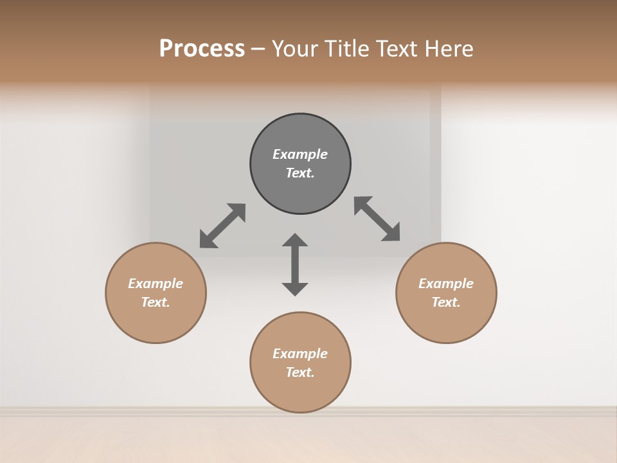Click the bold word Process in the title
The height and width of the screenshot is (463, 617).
tap(202, 49)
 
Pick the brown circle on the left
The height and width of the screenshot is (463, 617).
tap(156, 322)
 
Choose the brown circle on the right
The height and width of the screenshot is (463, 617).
tap(446, 322)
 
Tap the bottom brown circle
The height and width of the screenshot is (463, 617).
tap(300, 392)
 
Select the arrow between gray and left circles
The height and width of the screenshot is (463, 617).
tap(222, 226)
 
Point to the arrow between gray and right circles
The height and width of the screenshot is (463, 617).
tap(377, 219)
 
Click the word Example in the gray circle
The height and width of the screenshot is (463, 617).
tap(300, 154)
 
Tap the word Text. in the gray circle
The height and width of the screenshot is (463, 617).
tap(300, 173)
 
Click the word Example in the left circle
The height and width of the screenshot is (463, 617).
tap(156, 284)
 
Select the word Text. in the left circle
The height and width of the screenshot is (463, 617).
tap(156, 302)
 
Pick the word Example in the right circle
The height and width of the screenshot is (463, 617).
tap(446, 284)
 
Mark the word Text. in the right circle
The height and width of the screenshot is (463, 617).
tap(446, 302)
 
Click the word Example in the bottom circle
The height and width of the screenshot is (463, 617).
tap(300, 354)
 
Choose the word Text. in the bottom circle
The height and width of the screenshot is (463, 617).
tap(300, 372)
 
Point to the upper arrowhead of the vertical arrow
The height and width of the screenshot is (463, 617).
tap(295, 241)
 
